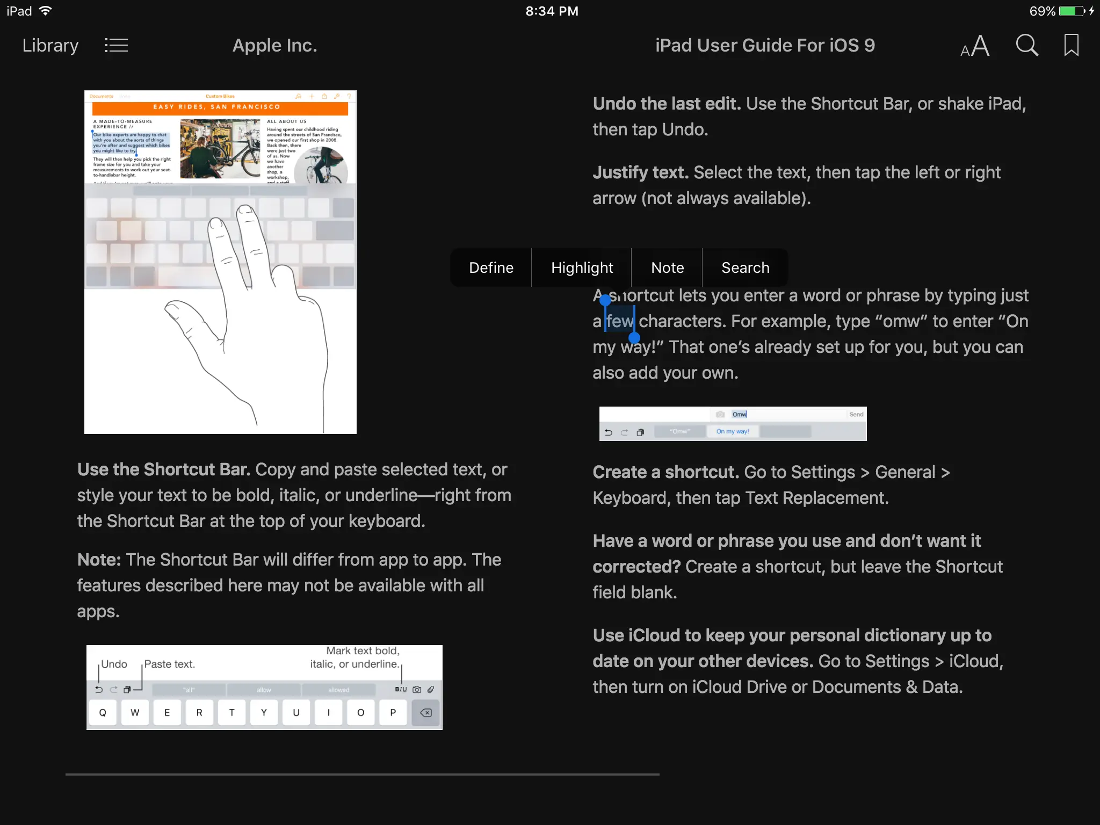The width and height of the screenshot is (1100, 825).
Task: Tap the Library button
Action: point(50,46)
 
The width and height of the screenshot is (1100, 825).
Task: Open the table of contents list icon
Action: point(116,46)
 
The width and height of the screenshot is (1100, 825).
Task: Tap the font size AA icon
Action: point(975,46)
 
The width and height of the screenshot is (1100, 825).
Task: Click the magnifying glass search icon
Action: point(1026,46)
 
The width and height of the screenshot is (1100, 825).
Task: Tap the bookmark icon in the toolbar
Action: point(1071,46)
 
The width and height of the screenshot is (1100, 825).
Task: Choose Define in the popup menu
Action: point(491,267)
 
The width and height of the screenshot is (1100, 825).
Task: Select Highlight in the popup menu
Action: point(582,267)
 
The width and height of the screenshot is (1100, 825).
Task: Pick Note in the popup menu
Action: point(667,267)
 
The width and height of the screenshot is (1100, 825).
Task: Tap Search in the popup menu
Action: point(745,267)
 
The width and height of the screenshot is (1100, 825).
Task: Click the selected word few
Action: point(620,321)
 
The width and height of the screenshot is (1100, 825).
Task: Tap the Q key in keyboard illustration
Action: point(103,713)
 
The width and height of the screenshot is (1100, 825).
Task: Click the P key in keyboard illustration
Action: point(393,713)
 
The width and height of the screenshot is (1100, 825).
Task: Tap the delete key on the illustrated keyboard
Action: point(425,713)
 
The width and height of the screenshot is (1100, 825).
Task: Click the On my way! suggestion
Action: point(733,431)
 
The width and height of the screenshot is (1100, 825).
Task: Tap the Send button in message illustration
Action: point(856,414)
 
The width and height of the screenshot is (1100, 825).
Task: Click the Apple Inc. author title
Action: point(274,46)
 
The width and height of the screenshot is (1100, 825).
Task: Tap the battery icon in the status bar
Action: point(1072,11)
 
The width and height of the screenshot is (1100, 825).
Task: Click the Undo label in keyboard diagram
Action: point(114,664)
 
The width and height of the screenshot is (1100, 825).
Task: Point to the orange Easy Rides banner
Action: point(220,107)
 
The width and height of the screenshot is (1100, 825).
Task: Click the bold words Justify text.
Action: point(640,172)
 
